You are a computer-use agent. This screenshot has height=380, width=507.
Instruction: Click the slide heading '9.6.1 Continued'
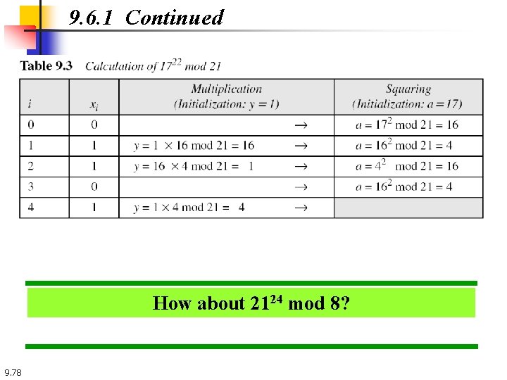pyautogui.click(x=146, y=18)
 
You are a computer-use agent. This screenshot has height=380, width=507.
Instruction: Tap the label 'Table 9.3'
pyautogui.click(x=46, y=66)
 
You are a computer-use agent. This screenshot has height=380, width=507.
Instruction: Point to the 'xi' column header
pyautogui.click(x=94, y=104)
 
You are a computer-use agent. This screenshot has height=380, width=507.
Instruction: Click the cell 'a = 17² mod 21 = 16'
pyautogui.click(x=407, y=125)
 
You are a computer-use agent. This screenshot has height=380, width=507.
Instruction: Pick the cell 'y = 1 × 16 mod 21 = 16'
pyautogui.click(x=194, y=146)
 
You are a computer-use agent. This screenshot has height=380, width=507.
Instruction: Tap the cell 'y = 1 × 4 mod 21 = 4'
pyautogui.click(x=189, y=208)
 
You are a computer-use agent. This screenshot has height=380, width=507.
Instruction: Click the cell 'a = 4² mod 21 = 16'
pyautogui.click(x=407, y=166)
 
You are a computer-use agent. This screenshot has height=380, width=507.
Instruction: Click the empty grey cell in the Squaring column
pyautogui.click(x=408, y=208)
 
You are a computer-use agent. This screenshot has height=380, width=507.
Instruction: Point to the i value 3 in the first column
pyautogui.click(x=30, y=187)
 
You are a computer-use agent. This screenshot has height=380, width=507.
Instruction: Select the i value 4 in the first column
pyautogui.click(x=30, y=208)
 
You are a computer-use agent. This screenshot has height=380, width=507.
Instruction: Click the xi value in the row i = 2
pyautogui.click(x=94, y=166)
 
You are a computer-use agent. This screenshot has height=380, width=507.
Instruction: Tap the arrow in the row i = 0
pyautogui.click(x=300, y=125)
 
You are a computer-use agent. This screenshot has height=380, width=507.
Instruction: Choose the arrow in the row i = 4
pyautogui.click(x=300, y=208)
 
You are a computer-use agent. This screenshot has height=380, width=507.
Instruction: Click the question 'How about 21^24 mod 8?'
pyautogui.click(x=251, y=303)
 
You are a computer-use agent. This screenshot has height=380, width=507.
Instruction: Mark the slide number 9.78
pyautogui.click(x=13, y=372)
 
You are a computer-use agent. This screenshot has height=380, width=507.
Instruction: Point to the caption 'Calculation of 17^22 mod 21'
pyautogui.click(x=154, y=66)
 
